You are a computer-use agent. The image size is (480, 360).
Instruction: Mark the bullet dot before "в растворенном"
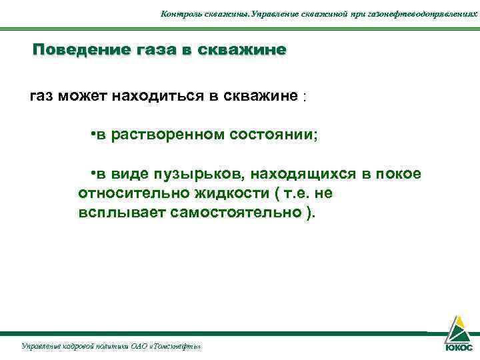[x=92, y=135]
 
